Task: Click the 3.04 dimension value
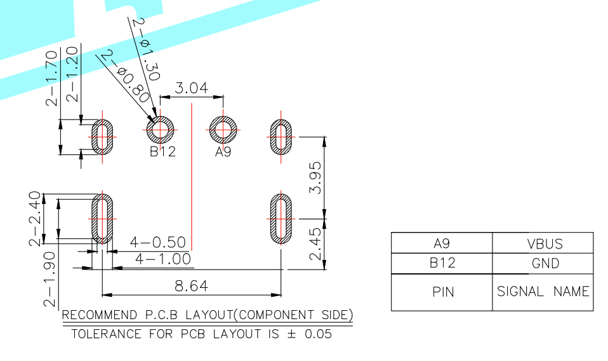[x=191, y=88]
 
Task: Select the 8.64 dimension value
[x=191, y=286]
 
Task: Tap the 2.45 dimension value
[x=315, y=244]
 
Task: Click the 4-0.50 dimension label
[x=157, y=242]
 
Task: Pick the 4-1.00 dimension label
[x=163, y=259]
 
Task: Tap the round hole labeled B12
[x=161, y=131]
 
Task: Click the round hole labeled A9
[x=223, y=131]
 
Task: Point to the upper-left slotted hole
[x=102, y=136]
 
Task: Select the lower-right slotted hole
[x=281, y=218]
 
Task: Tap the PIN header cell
[x=442, y=292]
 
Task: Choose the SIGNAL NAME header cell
[x=543, y=292]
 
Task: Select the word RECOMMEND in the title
[x=90, y=315]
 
